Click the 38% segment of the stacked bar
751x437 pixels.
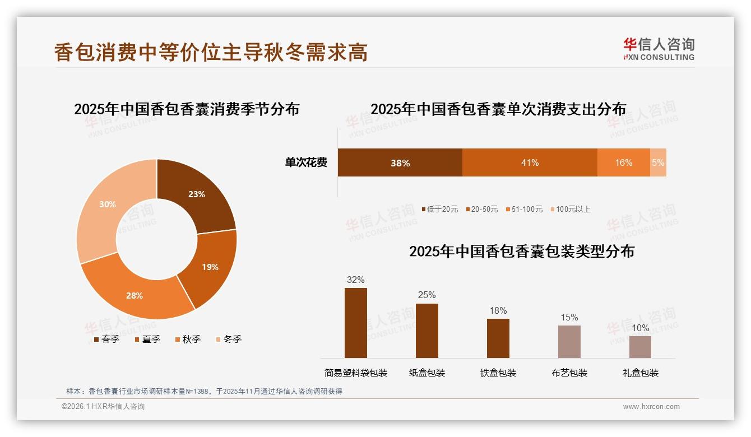pyautogui.click(x=400, y=163)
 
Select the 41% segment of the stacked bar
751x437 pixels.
pyautogui.click(x=530, y=163)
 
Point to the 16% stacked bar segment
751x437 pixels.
pyautogui.click(x=623, y=163)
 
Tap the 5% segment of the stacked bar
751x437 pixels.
pyautogui.click(x=658, y=163)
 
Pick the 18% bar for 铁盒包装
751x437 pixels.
pyautogui.click(x=498, y=338)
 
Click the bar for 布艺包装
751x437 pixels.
pyautogui.click(x=569, y=342)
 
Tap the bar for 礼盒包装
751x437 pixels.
pyautogui.click(x=640, y=347)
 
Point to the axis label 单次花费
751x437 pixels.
pyautogui.click(x=306, y=163)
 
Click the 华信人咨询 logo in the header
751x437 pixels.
pyautogui.click(x=659, y=49)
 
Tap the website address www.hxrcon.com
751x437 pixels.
pyautogui.click(x=651, y=407)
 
